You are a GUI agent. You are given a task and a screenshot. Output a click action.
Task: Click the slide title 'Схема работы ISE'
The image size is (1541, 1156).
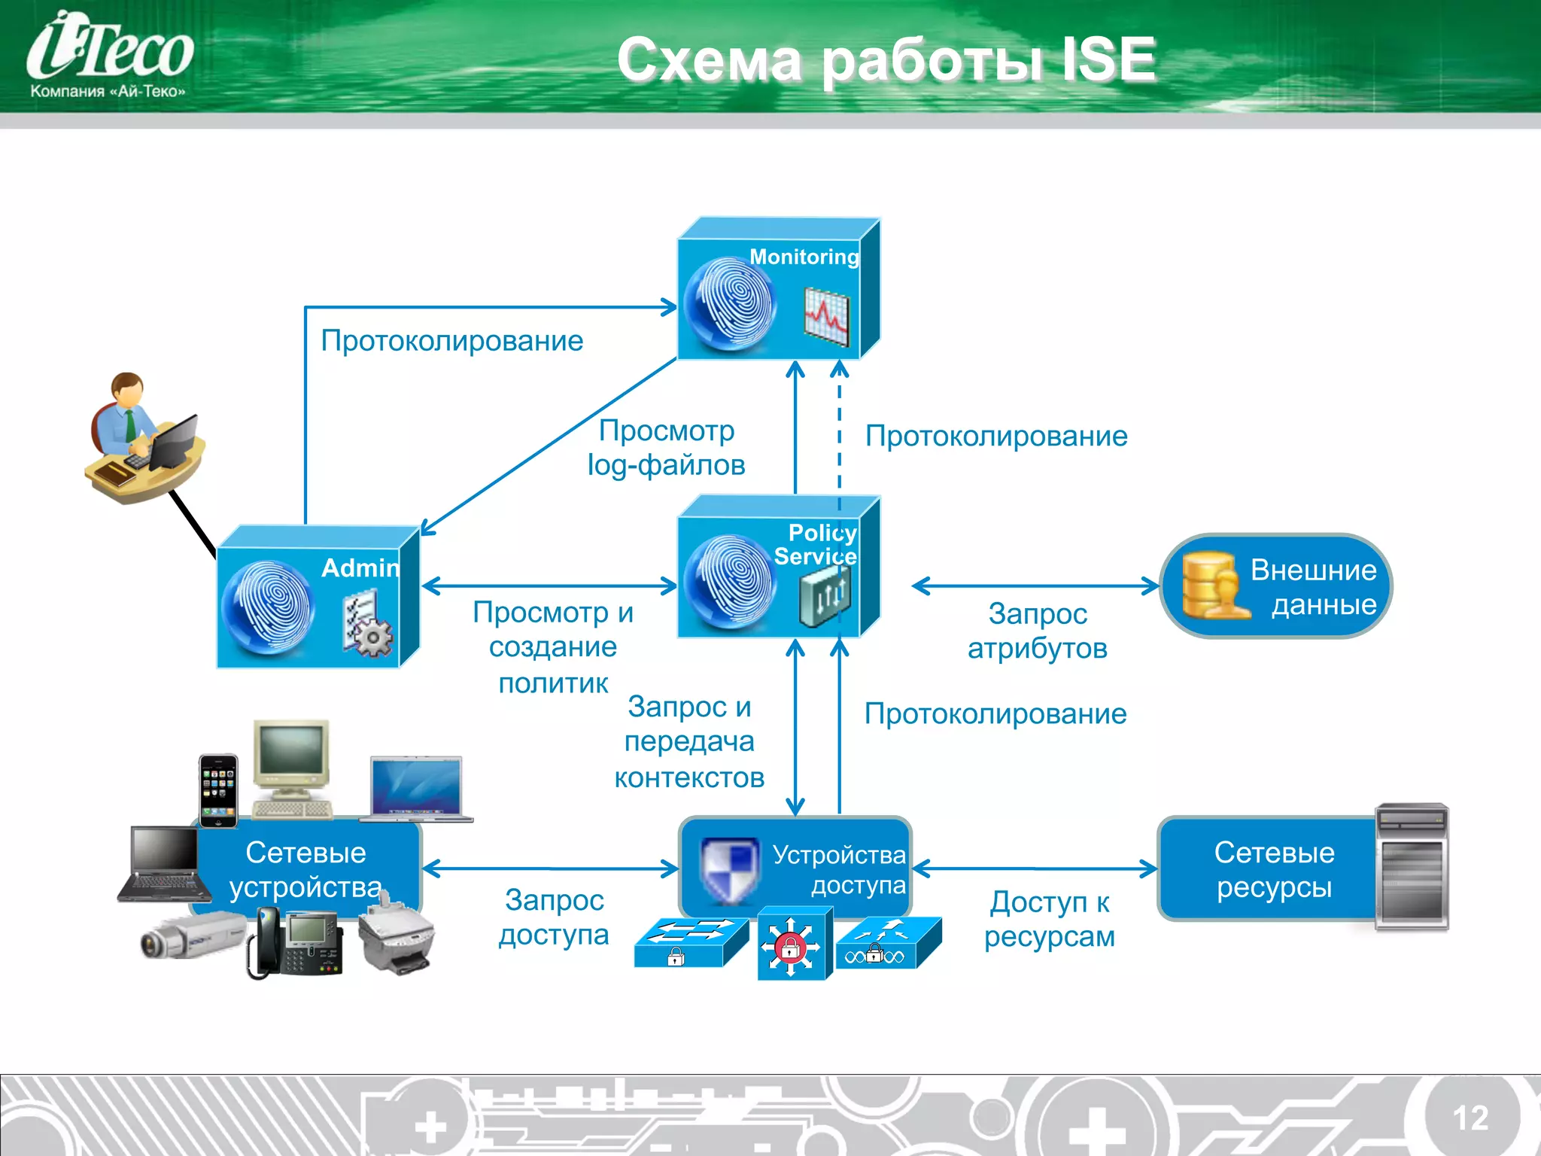tap(886, 60)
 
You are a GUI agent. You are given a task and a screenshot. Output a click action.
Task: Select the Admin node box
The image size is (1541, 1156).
tap(316, 598)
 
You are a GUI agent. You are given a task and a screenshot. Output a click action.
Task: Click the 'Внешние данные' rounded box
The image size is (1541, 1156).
tap(1275, 586)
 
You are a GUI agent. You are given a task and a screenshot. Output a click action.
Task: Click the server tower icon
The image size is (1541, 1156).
tap(1412, 865)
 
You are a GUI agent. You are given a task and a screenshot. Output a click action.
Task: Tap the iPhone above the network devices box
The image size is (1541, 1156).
tap(218, 790)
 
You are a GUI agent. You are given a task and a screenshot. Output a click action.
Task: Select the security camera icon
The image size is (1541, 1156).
tap(192, 937)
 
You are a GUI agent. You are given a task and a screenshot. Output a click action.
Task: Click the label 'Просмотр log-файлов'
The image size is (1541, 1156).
tap(666, 448)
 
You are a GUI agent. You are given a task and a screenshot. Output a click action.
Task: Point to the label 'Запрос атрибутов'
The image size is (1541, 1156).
tap(1037, 631)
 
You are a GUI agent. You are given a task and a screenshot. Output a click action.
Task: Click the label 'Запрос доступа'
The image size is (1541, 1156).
tap(554, 917)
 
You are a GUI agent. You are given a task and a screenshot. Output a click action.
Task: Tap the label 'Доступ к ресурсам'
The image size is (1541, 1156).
tap(1050, 919)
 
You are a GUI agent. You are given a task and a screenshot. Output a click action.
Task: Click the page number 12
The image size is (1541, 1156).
tap(1470, 1118)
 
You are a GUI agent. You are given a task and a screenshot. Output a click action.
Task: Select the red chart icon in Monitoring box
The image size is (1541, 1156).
tap(826, 316)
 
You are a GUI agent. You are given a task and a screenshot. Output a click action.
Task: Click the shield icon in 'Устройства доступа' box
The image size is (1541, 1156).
tap(728, 869)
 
